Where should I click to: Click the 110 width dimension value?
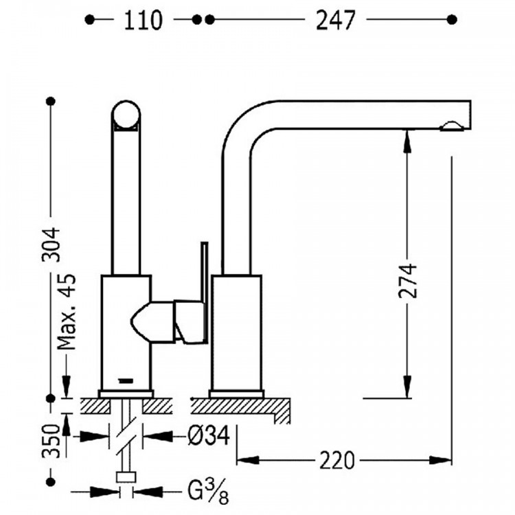143,21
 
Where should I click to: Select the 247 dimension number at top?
335,21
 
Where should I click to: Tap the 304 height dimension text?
51,244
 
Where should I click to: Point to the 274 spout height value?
407,280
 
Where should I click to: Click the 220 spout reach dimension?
337,460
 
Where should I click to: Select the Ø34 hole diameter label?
209,436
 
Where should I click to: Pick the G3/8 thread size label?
208,492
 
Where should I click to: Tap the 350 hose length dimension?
51,440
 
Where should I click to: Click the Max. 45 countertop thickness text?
67,311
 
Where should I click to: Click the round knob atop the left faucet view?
126,115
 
